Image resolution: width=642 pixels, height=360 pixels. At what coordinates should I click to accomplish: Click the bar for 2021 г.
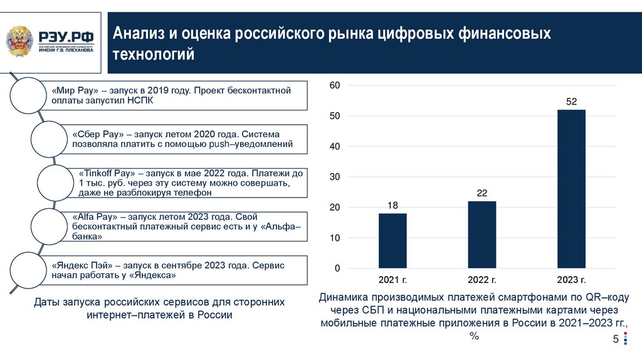(x=392, y=241)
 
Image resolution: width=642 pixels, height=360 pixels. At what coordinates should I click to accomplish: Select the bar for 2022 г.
(x=481, y=235)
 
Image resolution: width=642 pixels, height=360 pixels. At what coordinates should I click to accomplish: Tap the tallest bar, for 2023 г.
(x=571, y=189)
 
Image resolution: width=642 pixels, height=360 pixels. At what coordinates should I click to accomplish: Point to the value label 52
(x=571, y=102)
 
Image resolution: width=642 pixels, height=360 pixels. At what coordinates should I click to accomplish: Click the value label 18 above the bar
(x=392, y=205)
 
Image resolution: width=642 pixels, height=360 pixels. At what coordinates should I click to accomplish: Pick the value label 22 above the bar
(x=481, y=193)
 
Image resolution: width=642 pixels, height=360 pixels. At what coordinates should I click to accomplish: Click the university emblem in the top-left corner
(x=21, y=41)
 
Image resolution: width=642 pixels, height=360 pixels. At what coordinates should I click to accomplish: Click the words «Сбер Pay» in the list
(x=95, y=135)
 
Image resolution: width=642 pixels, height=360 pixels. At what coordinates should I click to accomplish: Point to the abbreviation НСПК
(x=139, y=100)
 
